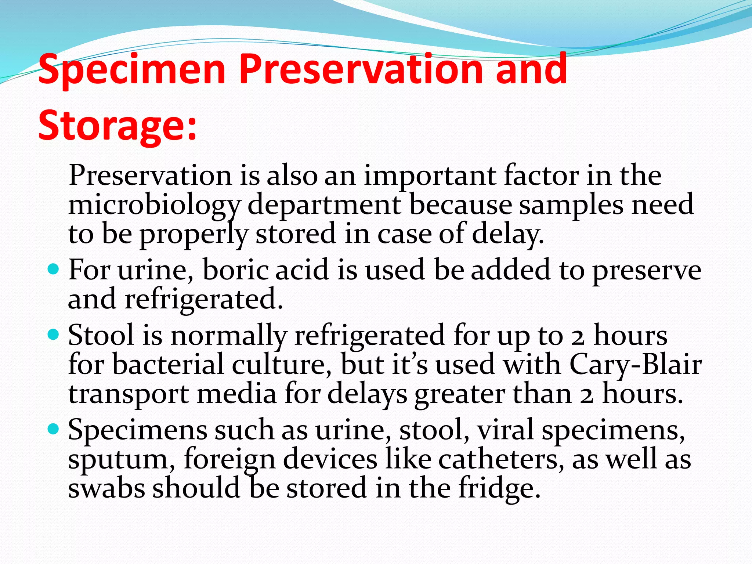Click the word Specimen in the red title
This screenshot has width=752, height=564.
coord(131,70)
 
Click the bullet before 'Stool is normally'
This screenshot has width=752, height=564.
coord(54,335)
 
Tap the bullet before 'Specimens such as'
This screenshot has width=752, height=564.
coord(54,429)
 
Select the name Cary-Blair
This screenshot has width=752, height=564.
coord(635,365)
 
